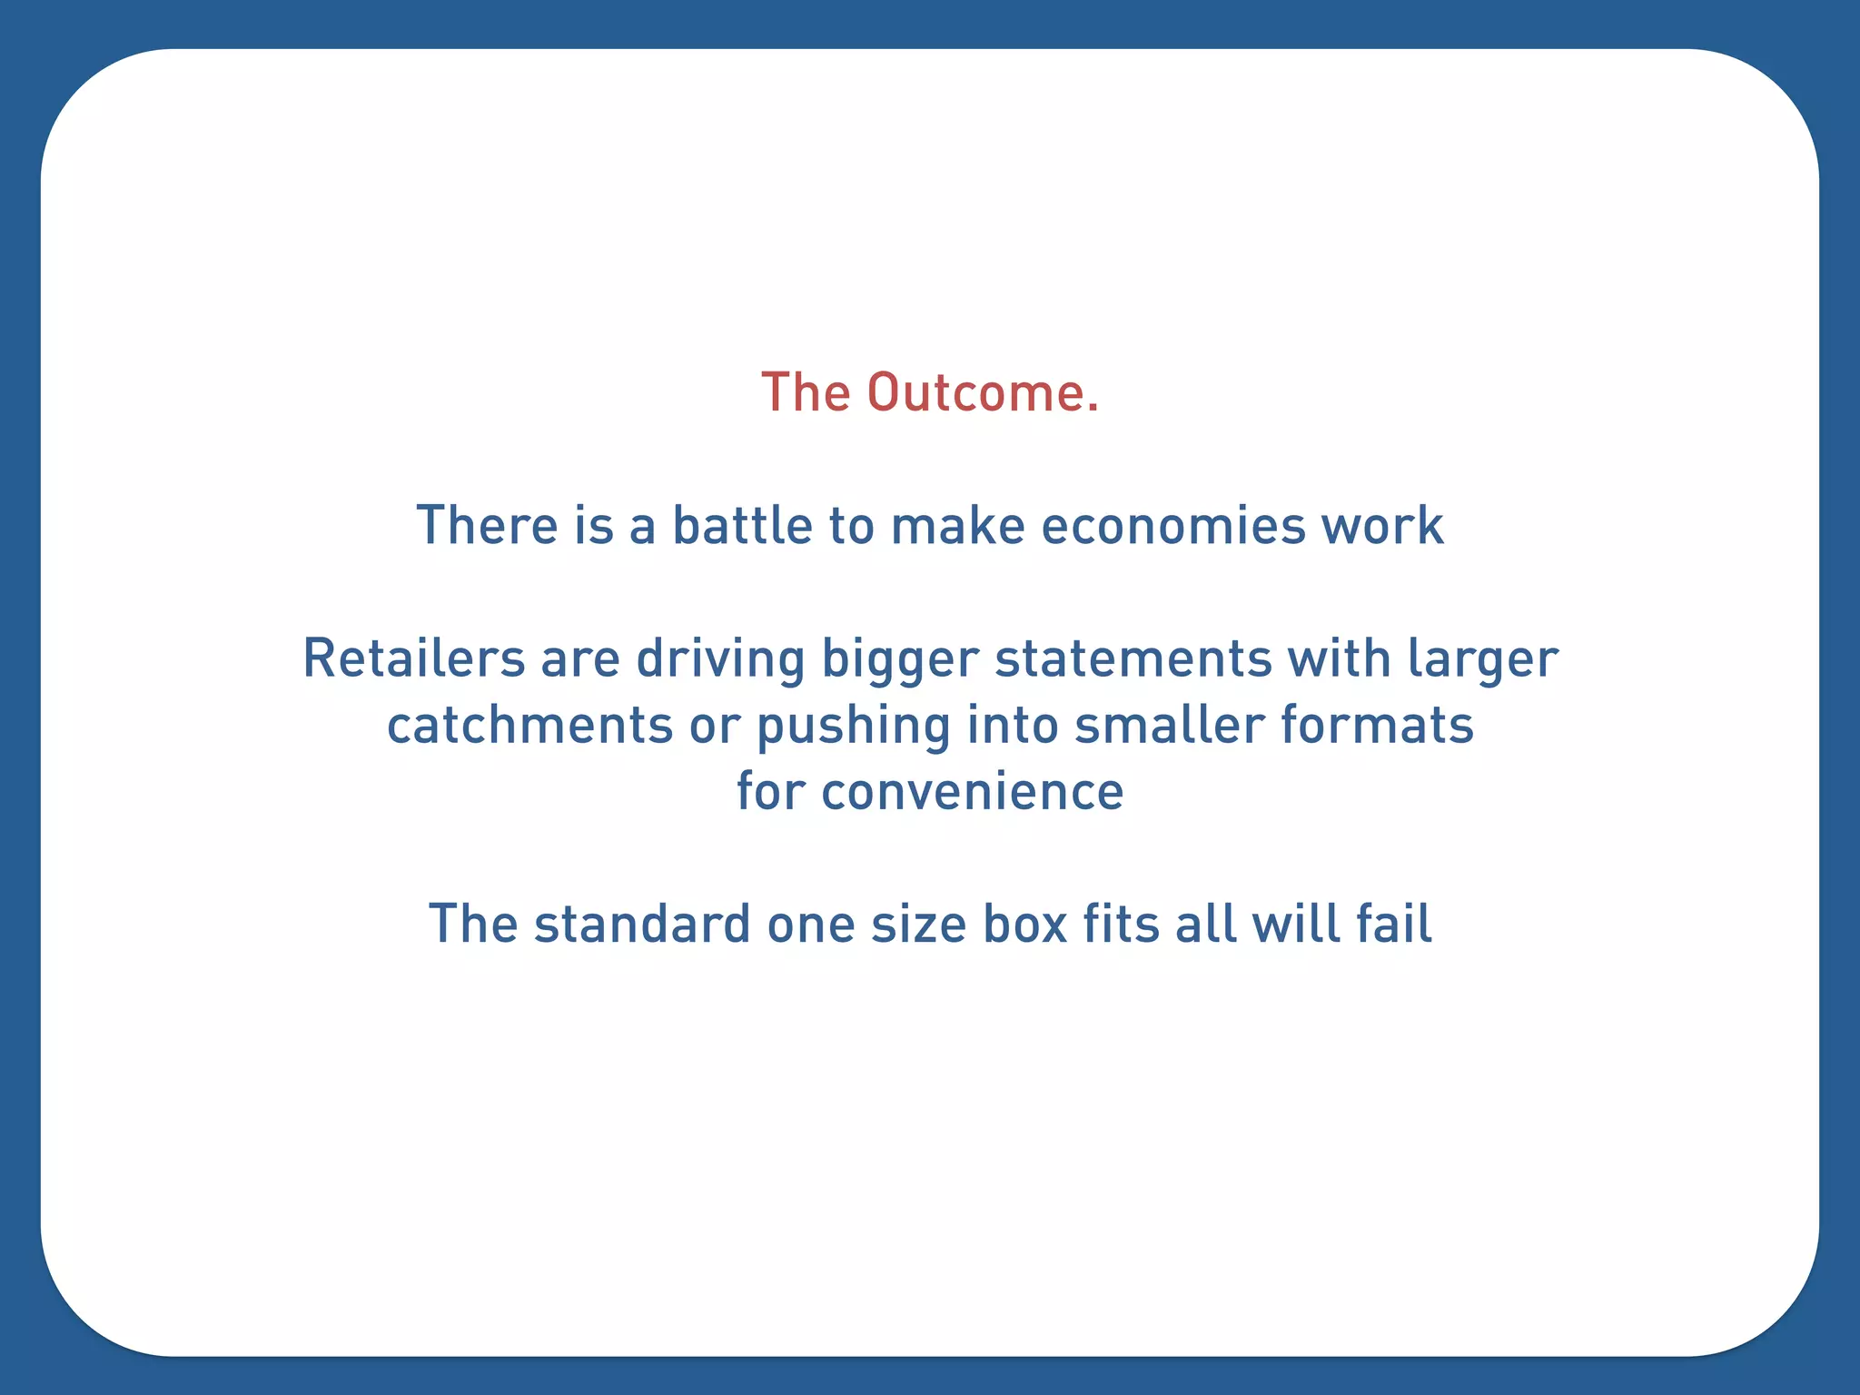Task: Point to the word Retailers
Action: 414,658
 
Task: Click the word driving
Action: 720,658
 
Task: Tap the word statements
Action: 1133,658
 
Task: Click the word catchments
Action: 529,726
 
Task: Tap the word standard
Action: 642,925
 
